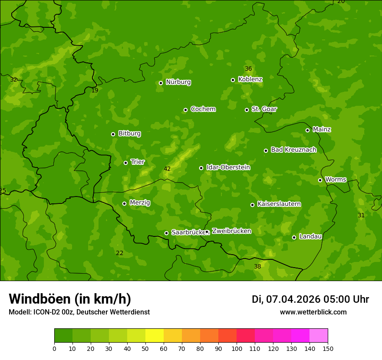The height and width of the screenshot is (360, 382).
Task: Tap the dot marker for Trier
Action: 126,163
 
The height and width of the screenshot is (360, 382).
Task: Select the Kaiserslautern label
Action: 279,204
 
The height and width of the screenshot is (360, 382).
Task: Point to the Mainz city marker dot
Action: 307,130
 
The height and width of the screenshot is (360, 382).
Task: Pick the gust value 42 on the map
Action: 167,169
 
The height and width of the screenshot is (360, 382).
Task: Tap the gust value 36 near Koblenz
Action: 248,69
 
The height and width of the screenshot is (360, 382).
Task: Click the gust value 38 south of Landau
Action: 257,266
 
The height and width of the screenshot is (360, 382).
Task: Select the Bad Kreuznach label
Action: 293,150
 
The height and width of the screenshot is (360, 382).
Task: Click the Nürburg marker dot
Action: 161,83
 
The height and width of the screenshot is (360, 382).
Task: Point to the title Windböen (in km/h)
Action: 70,299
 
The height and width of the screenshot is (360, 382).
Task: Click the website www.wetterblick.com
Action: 313,312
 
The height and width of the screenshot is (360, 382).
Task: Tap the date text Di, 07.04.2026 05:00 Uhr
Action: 310,299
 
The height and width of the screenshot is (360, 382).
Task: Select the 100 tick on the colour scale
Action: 237,349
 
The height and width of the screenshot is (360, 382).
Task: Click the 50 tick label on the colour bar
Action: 145,349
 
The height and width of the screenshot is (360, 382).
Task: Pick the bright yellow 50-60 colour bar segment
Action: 155,336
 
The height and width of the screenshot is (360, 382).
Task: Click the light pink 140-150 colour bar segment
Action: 319,336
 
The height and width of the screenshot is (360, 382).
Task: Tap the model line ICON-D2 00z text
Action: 79,312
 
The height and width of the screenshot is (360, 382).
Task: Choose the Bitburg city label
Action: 129,134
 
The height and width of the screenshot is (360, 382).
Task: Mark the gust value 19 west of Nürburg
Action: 95,90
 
